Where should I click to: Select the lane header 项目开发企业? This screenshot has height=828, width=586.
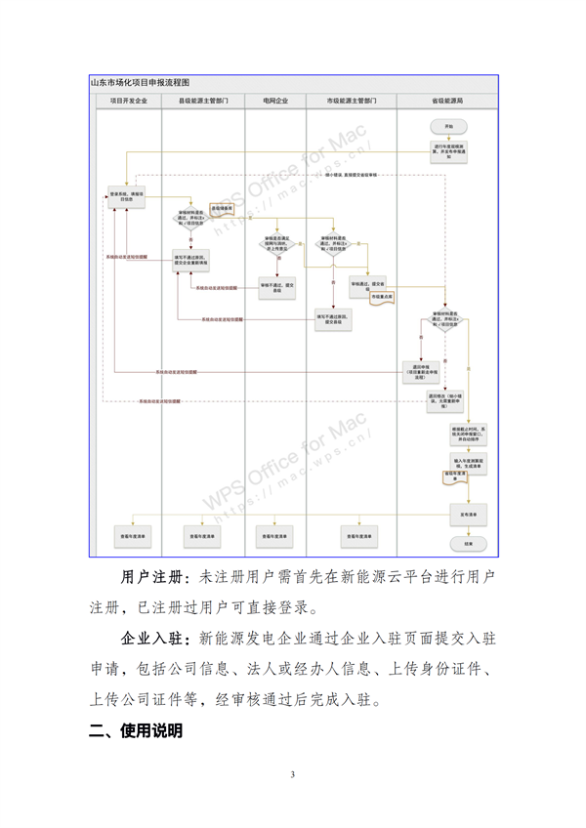(x=128, y=101)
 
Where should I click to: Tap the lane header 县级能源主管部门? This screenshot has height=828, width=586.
(x=203, y=101)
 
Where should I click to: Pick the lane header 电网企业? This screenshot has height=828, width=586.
(x=275, y=101)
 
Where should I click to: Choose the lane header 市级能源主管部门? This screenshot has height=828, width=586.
(x=352, y=101)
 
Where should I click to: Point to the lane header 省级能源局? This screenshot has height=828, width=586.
(x=447, y=101)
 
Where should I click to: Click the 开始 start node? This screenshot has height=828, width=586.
(x=448, y=127)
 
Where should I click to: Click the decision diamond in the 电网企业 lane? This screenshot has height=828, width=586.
(x=276, y=244)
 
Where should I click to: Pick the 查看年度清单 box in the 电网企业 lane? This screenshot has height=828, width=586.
(x=276, y=535)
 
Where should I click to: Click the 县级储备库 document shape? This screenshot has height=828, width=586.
(x=224, y=209)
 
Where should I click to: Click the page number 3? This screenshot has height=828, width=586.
(x=292, y=775)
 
